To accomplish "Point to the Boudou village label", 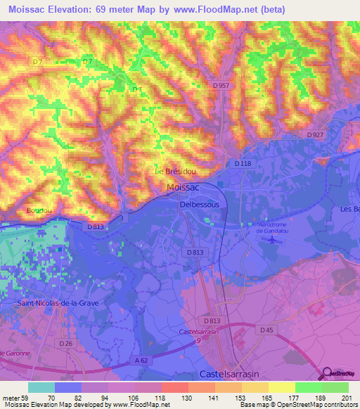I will (39, 209).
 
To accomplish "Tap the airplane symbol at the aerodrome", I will (271, 240).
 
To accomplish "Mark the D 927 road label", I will (316, 134).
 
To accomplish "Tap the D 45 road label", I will (266, 330).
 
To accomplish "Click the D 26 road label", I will (65, 343).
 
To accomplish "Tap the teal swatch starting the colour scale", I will (41, 387).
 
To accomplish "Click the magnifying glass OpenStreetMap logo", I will (327, 373).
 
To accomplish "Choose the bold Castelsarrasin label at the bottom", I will (231, 373).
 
